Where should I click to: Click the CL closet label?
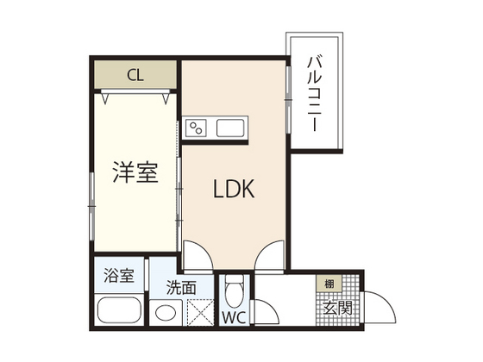(135, 74)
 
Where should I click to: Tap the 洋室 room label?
(135, 172)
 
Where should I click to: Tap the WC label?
(235, 317)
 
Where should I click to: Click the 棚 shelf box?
(329, 284)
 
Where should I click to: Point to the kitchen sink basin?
(231, 129)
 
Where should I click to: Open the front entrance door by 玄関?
(377, 305)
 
